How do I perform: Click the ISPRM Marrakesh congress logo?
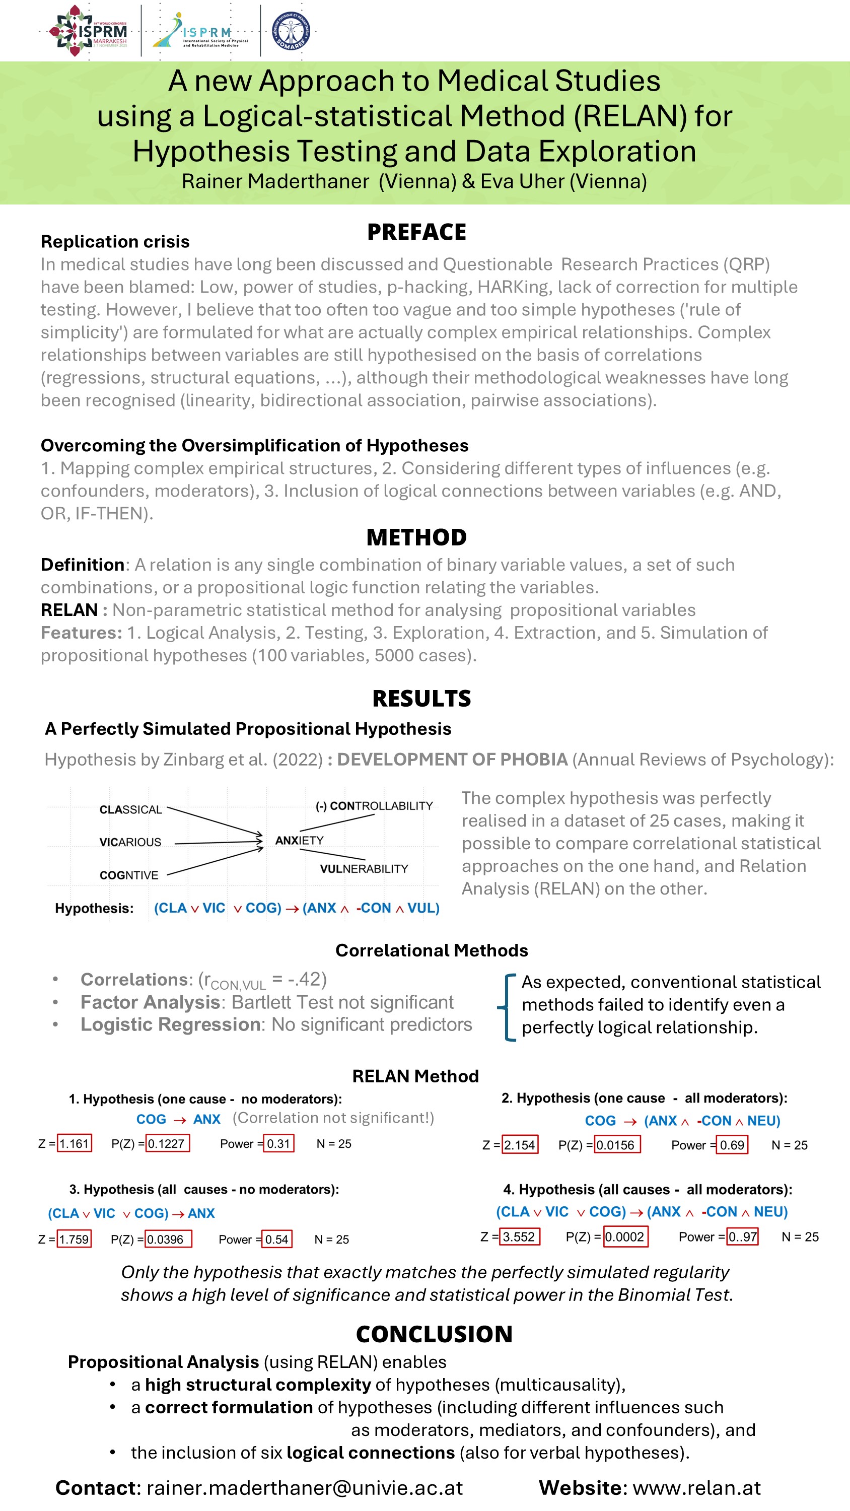(88, 31)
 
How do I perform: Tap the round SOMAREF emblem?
(291, 31)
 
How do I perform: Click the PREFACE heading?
(416, 232)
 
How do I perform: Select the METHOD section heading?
(416, 537)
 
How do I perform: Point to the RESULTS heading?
(421, 699)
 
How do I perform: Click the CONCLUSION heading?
(434, 1334)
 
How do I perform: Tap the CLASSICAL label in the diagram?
(130, 809)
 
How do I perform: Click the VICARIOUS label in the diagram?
(130, 842)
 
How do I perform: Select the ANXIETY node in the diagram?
(299, 841)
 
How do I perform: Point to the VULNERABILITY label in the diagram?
(364, 869)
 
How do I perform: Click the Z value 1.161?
(74, 1144)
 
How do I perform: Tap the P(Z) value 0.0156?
(616, 1145)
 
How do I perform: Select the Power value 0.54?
(276, 1240)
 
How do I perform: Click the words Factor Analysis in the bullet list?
(150, 1002)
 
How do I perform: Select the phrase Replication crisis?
(115, 242)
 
